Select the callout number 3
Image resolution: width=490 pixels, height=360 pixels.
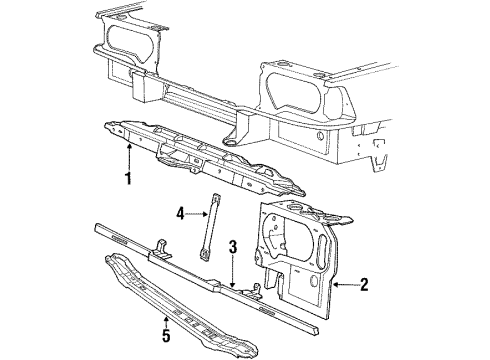point(232,248)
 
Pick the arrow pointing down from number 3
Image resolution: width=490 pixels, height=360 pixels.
point(232,275)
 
